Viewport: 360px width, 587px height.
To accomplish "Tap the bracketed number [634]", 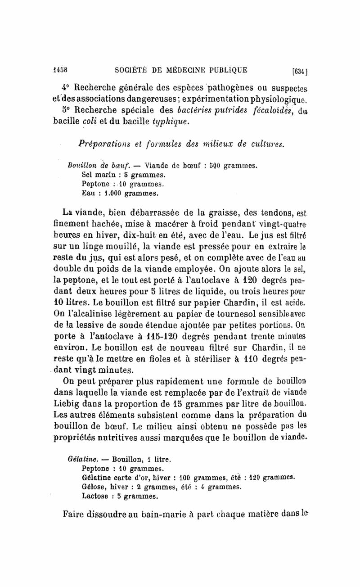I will coord(299,71).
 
